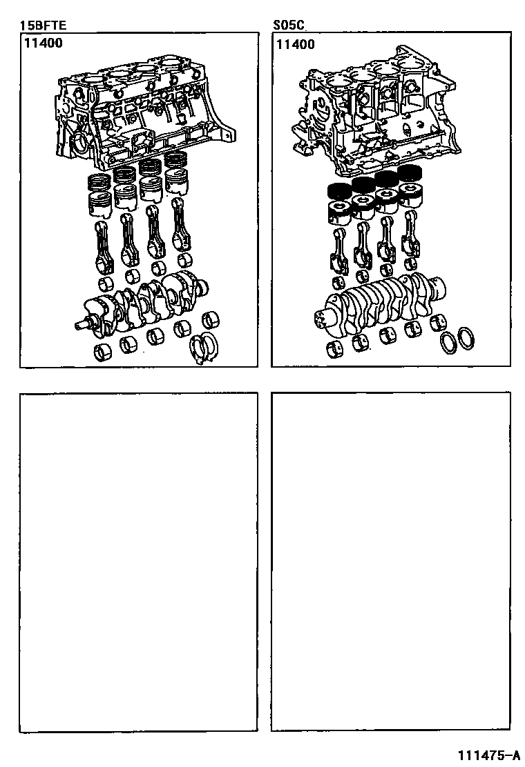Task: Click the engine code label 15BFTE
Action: [x=43, y=25]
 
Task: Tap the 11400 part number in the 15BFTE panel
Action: [x=44, y=43]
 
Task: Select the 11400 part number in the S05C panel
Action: [x=296, y=45]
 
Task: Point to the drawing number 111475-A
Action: [x=489, y=755]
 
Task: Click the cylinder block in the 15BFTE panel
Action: [x=144, y=112]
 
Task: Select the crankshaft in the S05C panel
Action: [x=379, y=303]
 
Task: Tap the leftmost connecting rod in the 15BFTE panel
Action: [x=104, y=246]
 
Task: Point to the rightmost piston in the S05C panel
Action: [x=410, y=195]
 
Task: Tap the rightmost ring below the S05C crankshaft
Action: [x=466, y=338]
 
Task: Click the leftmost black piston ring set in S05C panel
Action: [x=337, y=192]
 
